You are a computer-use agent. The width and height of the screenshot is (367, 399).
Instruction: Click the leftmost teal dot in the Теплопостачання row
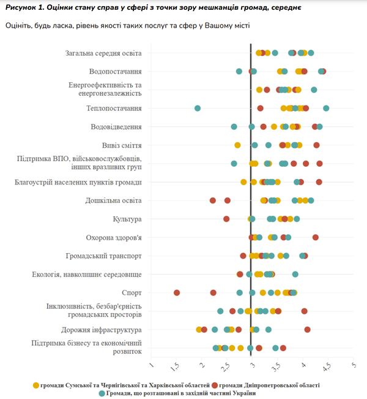pos(198,108)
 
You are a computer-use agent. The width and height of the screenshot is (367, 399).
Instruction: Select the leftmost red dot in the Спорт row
pos(177,292)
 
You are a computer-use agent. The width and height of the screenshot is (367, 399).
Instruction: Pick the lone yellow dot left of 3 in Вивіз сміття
pos(237,145)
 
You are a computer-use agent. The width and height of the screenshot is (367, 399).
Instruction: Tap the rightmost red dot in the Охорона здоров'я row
pos(316,237)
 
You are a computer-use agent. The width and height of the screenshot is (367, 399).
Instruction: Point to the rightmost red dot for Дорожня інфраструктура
pos(307,330)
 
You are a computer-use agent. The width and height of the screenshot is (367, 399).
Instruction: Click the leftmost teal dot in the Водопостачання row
pos(239,72)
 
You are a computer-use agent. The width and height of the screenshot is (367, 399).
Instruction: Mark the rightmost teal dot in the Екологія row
pos(295,274)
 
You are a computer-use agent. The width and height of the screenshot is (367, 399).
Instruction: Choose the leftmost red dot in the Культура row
pos(226,219)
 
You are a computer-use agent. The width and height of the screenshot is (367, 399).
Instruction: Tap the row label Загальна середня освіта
pos(103,53)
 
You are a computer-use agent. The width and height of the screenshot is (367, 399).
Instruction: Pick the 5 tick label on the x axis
pos(354,365)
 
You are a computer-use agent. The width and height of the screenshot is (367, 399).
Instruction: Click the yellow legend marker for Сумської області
pos(35,385)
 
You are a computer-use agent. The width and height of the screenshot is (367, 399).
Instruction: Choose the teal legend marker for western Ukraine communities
pos(102,393)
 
